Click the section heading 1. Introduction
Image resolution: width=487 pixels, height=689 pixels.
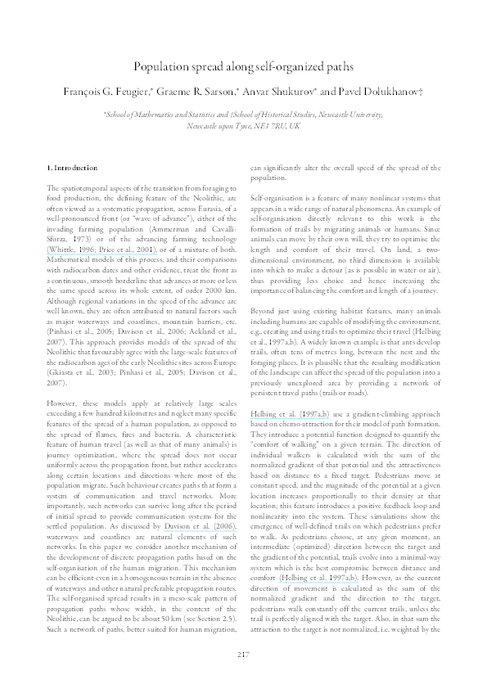74,168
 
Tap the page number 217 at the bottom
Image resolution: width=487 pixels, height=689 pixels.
243,653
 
